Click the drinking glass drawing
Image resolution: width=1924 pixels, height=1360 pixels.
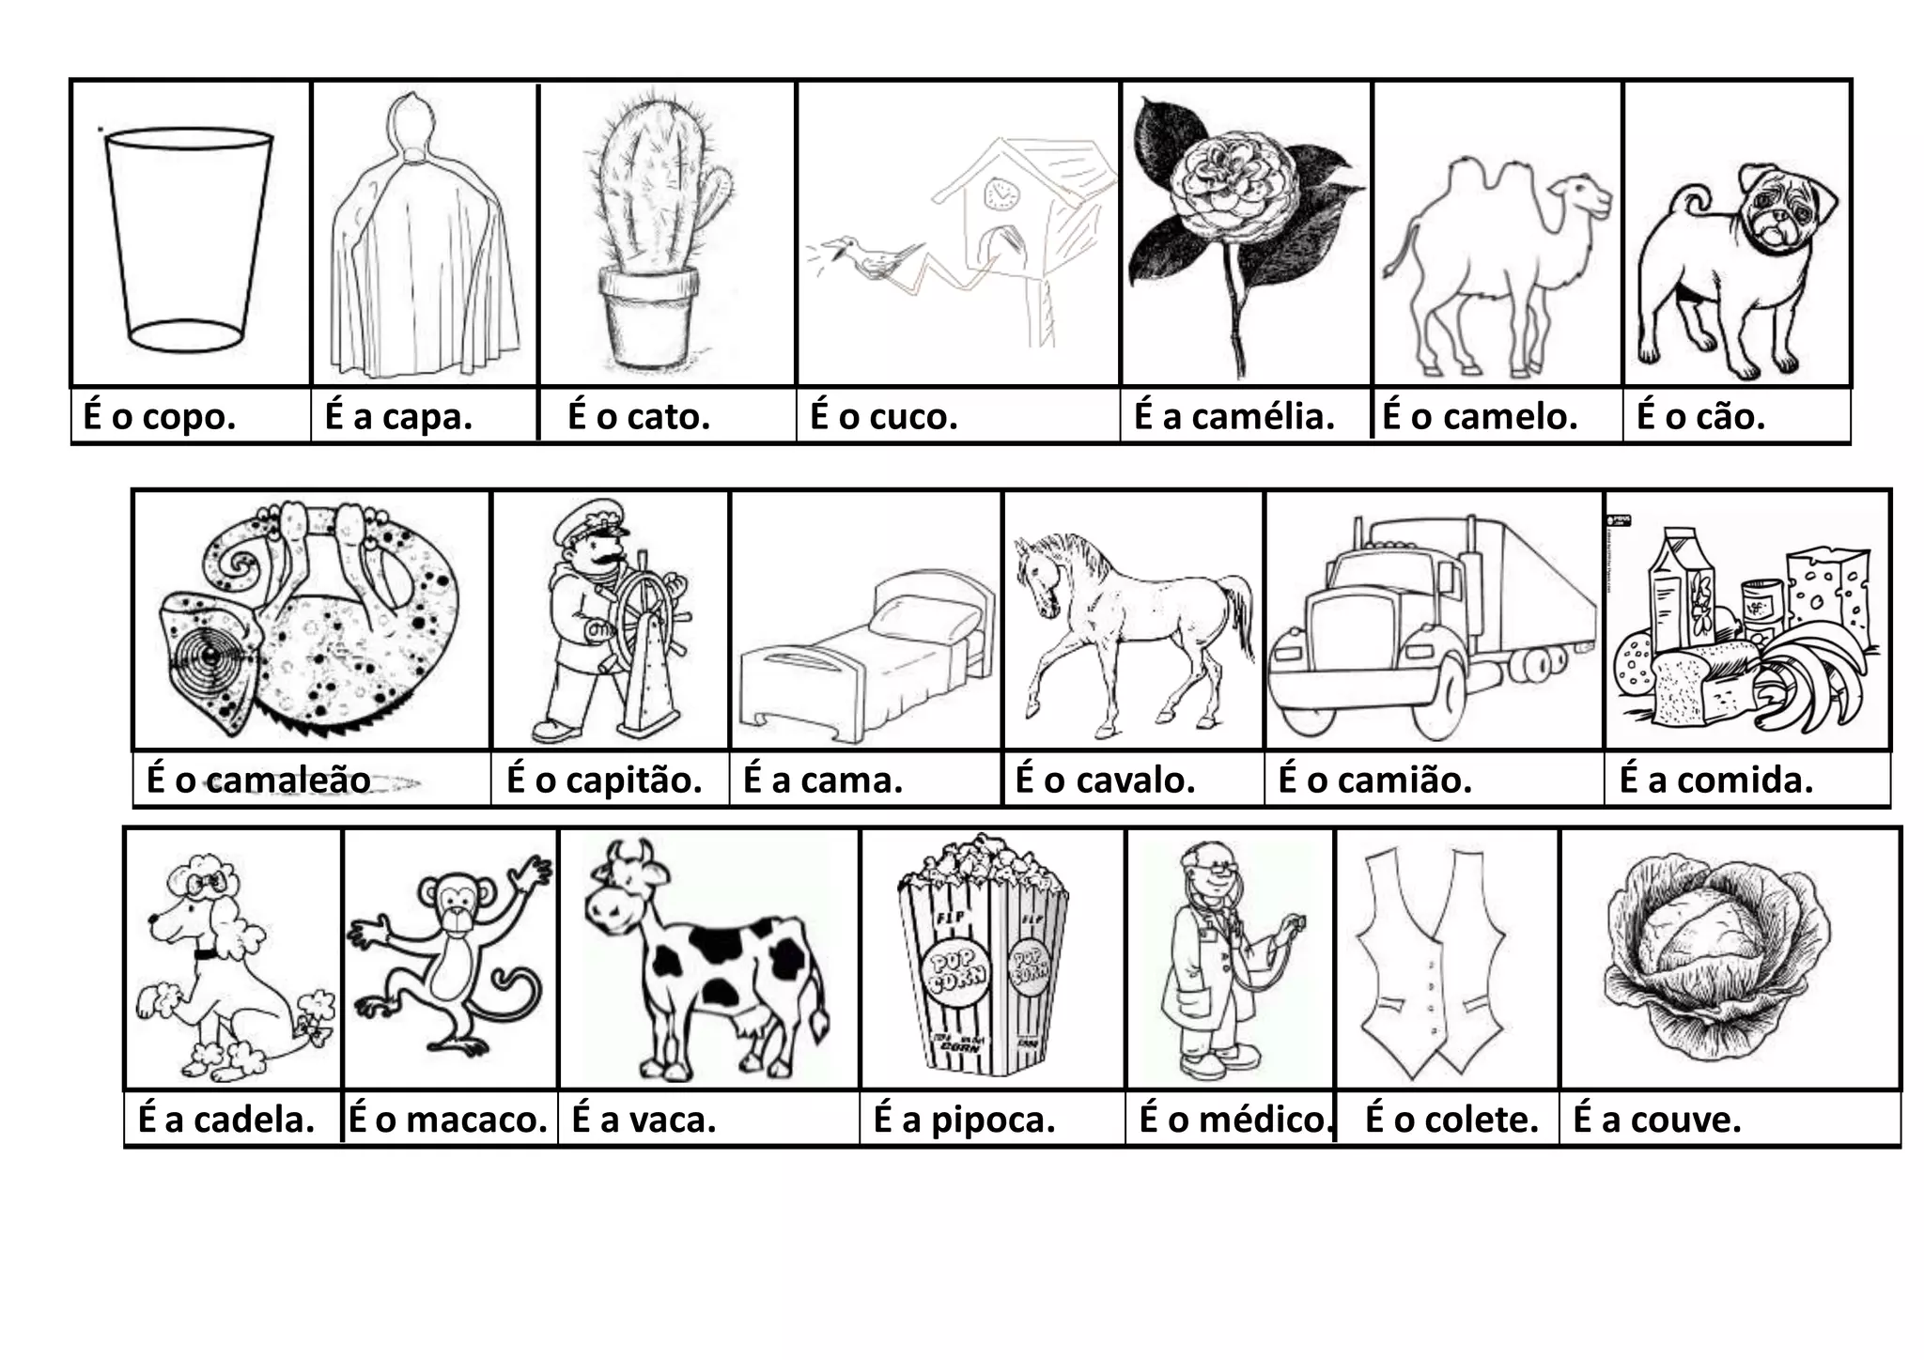point(189,240)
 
